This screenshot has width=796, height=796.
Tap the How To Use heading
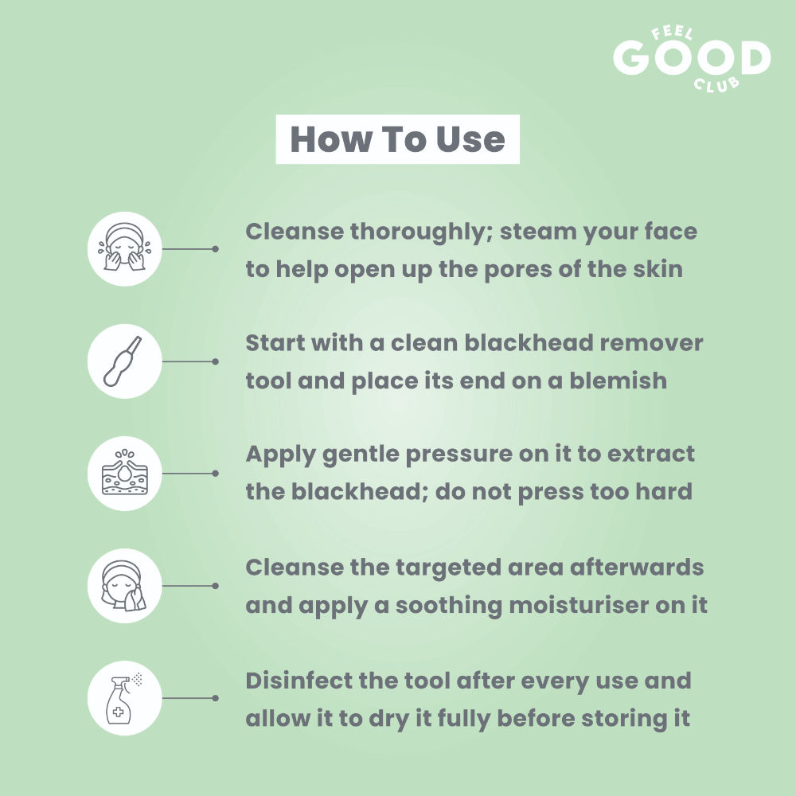[x=397, y=139]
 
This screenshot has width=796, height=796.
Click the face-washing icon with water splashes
[x=124, y=248]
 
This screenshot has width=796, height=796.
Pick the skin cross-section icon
[x=124, y=473]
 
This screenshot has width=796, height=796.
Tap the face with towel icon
[x=124, y=586]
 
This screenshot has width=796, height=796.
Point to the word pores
[x=517, y=271]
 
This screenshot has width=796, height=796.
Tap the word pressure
[x=458, y=455]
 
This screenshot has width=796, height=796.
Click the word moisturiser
[x=578, y=605]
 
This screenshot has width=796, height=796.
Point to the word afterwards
[x=637, y=567]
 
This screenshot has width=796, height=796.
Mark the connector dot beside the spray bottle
[x=215, y=698]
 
